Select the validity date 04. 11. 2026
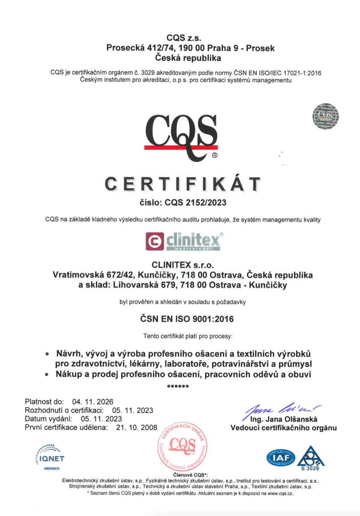tap(93, 402)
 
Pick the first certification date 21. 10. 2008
tap(137, 427)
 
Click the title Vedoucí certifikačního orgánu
tap(283, 428)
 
